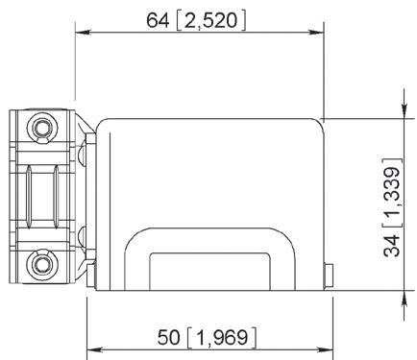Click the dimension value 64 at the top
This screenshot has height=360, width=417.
click(158, 20)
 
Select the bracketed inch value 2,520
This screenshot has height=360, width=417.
click(211, 21)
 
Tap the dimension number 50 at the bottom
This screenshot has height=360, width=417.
click(168, 337)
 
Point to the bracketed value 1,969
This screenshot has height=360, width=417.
click(222, 338)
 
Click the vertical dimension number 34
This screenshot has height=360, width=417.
click(392, 245)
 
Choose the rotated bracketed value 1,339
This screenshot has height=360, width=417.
click(393, 192)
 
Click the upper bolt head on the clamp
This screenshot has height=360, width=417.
click(42, 129)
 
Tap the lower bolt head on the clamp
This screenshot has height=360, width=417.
click(42, 264)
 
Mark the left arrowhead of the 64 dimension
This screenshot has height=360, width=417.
click(83, 32)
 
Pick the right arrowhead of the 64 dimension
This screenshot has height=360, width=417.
click(316, 32)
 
